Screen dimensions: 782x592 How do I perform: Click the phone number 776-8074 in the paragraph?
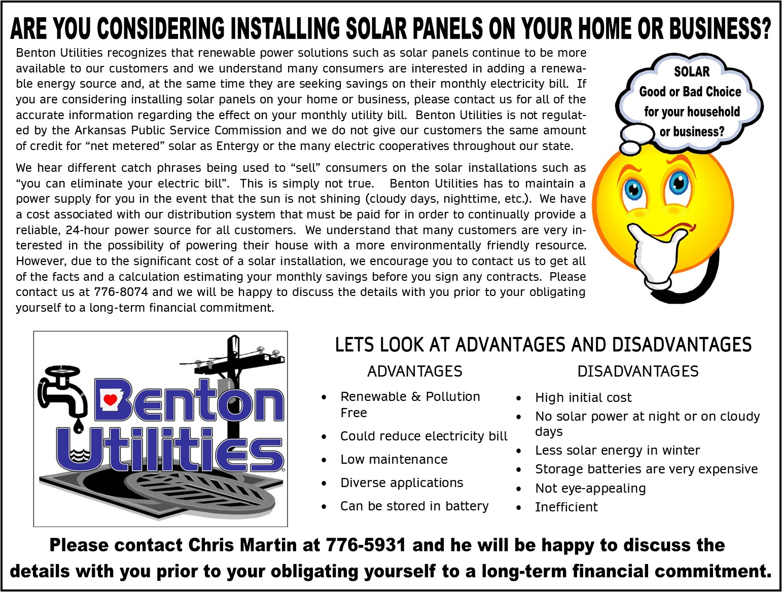[121, 292]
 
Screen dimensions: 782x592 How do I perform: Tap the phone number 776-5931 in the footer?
[366, 545]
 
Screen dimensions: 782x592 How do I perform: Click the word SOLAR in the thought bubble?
[692, 72]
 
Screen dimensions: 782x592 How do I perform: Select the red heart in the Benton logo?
[110, 399]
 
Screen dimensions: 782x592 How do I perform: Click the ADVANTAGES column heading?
[415, 372]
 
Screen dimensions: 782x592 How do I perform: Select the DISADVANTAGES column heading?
[637, 372]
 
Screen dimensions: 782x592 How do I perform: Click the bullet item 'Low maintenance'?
[394, 460]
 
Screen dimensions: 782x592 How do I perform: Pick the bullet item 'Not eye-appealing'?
[590, 489]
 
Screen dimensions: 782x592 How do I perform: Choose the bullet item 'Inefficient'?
[566, 507]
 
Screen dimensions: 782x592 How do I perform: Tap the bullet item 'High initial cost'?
[583, 398]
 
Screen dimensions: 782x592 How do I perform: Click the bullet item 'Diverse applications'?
[402, 483]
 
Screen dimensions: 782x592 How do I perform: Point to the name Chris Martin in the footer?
[242, 545]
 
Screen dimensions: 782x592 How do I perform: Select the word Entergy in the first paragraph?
[238, 146]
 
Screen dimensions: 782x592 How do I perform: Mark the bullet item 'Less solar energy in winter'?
[617, 451]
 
